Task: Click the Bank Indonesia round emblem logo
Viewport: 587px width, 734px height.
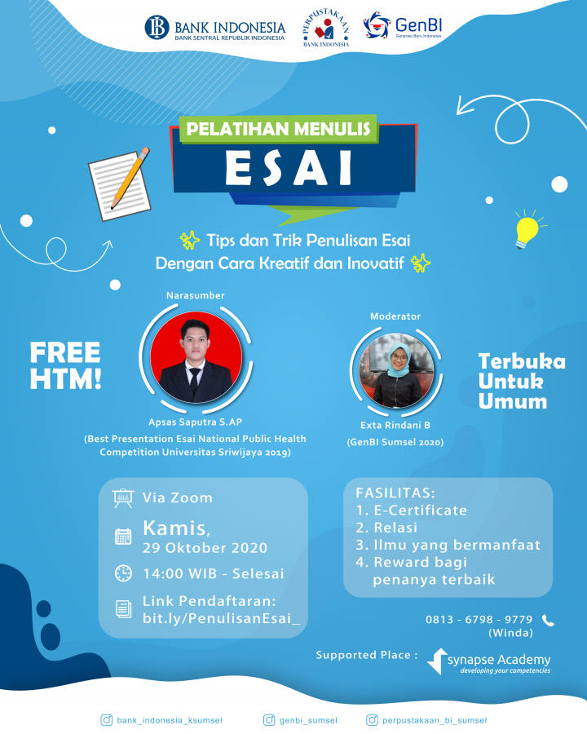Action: coord(157,27)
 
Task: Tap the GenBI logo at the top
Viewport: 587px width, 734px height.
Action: coord(403,25)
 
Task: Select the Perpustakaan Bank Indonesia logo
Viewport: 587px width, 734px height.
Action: coord(326,28)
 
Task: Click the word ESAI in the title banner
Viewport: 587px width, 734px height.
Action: coord(289,167)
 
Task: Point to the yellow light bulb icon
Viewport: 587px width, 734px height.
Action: coord(527,229)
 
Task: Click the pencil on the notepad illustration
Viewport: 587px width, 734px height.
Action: coord(130,178)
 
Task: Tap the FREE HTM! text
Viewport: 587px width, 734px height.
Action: coord(65,365)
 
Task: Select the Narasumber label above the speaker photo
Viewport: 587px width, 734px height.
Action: coord(195,295)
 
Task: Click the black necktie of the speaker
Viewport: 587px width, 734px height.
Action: coord(194,379)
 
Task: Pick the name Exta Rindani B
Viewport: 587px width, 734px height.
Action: coord(395,425)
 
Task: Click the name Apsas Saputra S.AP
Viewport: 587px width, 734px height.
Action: coord(195,422)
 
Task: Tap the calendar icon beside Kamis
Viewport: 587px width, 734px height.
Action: coord(123,536)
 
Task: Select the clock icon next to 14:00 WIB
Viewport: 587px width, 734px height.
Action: coord(123,573)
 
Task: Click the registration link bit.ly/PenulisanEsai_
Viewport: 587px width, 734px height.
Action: coord(222,618)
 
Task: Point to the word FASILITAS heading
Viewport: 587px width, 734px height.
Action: coord(395,493)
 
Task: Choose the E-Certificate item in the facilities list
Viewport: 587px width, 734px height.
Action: coord(412,511)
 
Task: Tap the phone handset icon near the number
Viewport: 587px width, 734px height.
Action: coord(548,621)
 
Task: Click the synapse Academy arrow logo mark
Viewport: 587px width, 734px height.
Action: coord(437,661)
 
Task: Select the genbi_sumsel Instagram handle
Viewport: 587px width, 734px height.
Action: coord(308,720)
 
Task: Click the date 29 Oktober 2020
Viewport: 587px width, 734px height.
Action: coord(205,548)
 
